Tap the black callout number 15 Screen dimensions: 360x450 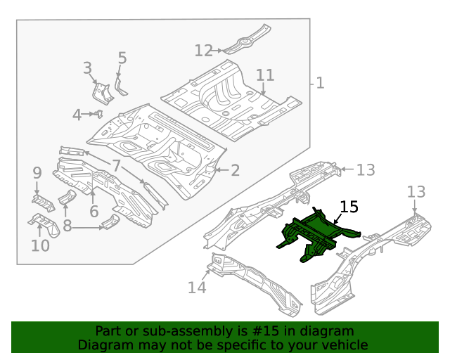tap(349, 207)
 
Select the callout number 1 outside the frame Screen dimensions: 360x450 tap(320, 84)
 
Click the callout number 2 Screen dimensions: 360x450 tap(235, 170)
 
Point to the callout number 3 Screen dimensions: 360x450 tap(87, 68)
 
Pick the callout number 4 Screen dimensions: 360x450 tap(77, 114)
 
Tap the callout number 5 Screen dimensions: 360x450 tap(122, 58)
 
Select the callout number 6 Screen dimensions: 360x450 tap(94, 210)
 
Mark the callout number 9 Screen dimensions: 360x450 tap(37, 173)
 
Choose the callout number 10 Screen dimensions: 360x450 tap(40, 245)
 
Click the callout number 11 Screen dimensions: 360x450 tap(264, 75)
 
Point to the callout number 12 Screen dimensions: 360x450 tap(203, 51)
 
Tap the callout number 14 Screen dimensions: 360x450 tap(197, 288)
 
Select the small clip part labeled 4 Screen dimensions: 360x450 tap(99, 113)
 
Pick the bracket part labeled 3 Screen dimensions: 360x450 tap(101, 93)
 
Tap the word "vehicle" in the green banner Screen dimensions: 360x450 tap(345, 345)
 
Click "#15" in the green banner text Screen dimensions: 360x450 tap(271, 330)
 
